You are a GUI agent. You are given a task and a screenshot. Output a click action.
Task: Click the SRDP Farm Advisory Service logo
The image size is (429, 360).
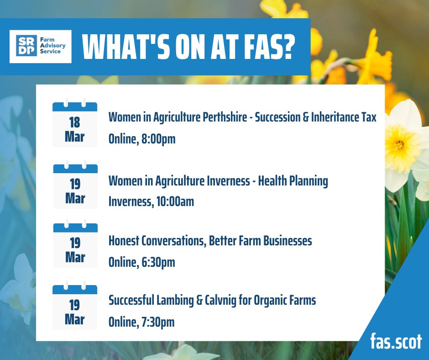click(41, 47)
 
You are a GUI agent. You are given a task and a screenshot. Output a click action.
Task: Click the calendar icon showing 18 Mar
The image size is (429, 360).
click(75, 124)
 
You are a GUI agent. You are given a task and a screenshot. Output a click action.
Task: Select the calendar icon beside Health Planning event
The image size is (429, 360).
click(75, 186)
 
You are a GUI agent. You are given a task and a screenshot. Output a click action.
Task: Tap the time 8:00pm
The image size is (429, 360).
click(157, 139)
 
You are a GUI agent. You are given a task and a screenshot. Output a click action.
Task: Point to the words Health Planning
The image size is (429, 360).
click(293, 181)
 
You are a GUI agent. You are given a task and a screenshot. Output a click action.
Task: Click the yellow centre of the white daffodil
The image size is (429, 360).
click(399, 144)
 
